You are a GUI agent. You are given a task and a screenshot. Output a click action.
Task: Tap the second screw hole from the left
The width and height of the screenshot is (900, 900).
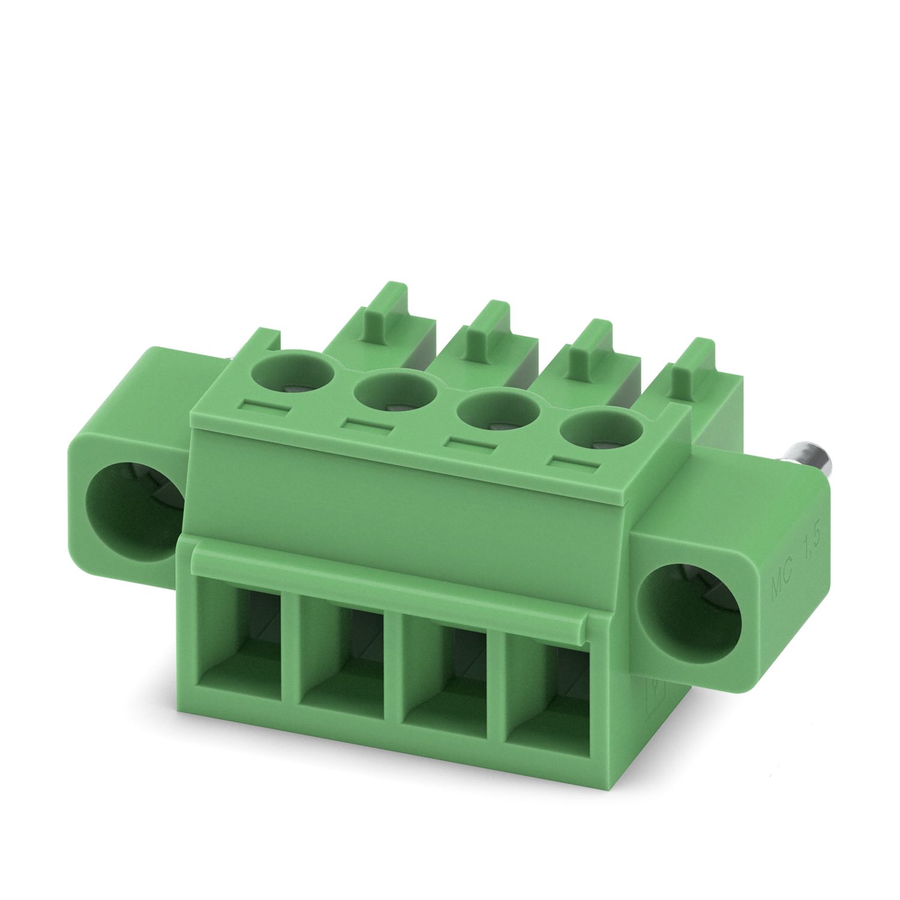(395, 393)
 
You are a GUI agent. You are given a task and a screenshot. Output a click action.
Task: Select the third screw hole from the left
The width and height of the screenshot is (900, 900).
(496, 413)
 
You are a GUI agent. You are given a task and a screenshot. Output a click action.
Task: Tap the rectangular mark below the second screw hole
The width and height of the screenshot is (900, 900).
(367, 427)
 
